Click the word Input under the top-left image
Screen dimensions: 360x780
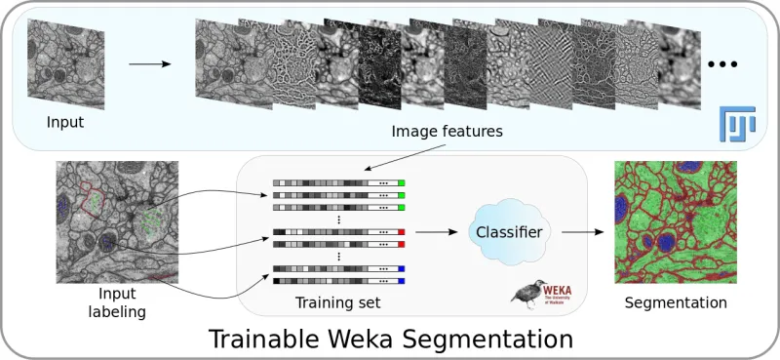pos(65,123)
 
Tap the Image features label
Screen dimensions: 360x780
pos(447,130)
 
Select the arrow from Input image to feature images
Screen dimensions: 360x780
pos(149,64)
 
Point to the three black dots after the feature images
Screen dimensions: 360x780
pos(722,64)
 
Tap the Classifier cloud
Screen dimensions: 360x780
pos(507,231)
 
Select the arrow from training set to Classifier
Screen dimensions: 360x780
pos(435,232)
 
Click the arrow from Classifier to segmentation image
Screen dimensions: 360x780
pos(577,232)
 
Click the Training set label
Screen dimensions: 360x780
pos(337,303)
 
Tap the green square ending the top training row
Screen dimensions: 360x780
pos(401,182)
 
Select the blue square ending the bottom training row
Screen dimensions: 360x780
pos(401,281)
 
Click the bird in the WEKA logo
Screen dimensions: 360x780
pos(529,291)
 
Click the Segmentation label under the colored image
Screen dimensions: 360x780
pos(676,303)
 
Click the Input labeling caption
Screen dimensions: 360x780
pos(118,302)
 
